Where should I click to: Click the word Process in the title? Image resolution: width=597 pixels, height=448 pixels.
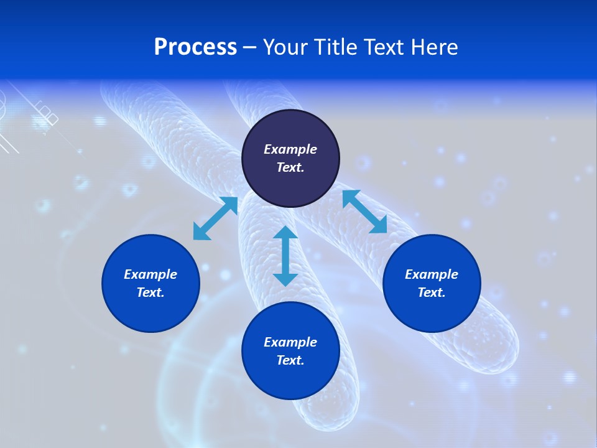(195, 47)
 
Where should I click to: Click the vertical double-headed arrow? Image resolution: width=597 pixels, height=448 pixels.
(285, 256)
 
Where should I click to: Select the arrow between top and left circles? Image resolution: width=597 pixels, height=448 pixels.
(215, 218)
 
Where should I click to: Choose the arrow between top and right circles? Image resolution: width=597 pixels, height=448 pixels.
(365, 212)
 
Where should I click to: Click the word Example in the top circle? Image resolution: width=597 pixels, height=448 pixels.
(290, 149)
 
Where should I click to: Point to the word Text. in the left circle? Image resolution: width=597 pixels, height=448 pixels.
(150, 292)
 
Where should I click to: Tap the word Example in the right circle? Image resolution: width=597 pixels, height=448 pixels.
(432, 274)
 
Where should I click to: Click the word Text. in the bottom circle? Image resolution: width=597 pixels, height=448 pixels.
(290, 360)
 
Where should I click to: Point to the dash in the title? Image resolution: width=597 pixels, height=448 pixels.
(249, 47)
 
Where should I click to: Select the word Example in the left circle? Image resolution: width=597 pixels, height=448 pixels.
(150, 274)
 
